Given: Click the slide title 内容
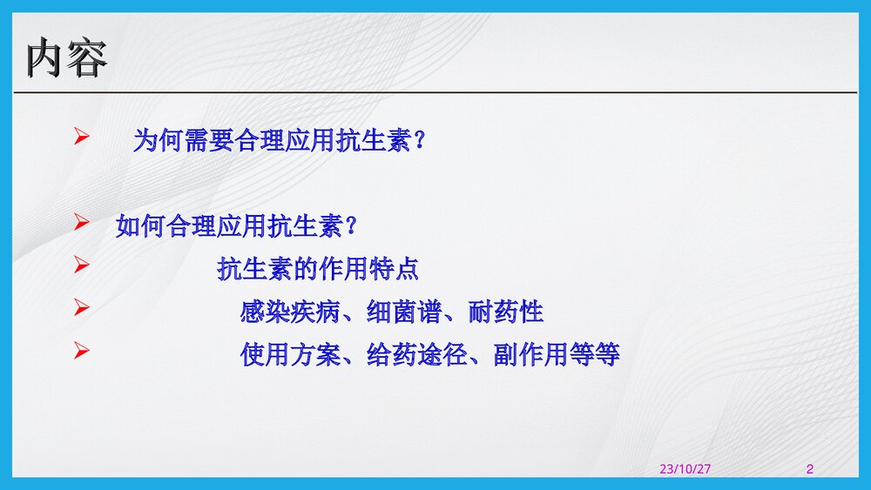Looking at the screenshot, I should click(67, 59).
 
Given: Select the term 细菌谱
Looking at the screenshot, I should click(404, 312).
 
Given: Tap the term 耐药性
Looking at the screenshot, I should click(506, 312).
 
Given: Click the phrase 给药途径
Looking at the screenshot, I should click(417, 354).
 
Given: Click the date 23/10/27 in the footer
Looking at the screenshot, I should click(685, 469).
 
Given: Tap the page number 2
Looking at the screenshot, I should click(810, 469).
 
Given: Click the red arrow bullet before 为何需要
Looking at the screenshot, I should click(81, 137).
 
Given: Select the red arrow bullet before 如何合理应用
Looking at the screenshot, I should click(81, 223).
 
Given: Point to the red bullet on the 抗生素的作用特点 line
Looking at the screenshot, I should click(81, 265).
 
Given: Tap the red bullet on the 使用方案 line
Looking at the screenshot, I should click(81, 351).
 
